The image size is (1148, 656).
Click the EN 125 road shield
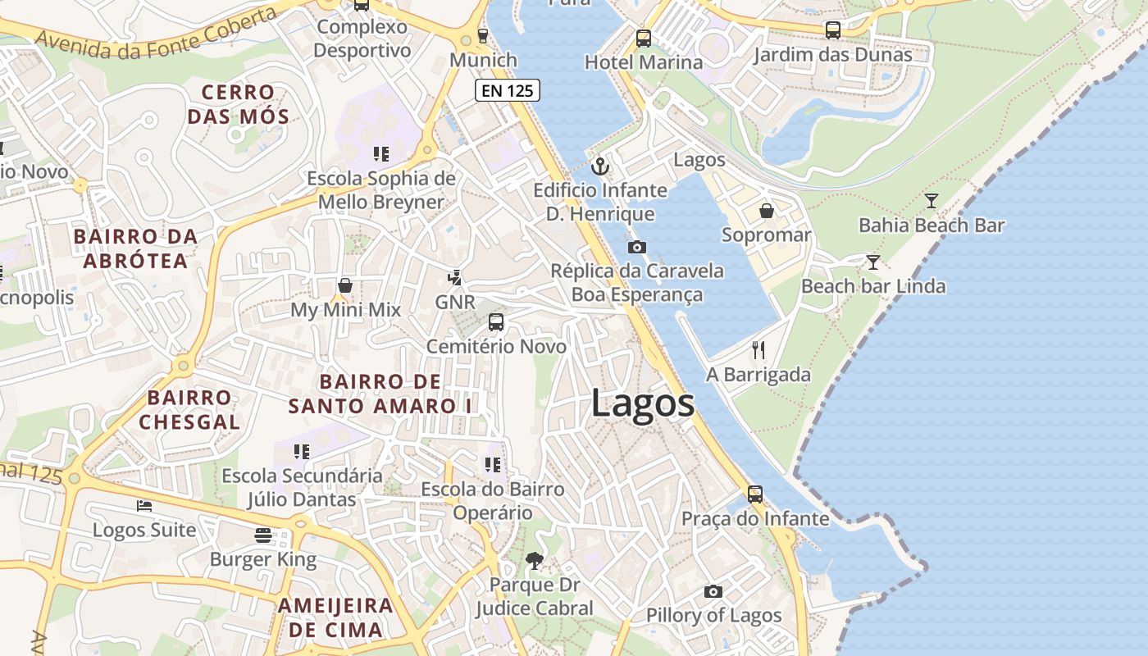point(507,90)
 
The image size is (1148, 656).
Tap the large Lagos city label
point(643,404)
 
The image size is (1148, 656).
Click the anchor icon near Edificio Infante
point(600,166)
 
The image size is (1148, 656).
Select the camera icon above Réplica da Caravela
point(636,247)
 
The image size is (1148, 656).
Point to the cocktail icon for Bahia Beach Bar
point(931,200)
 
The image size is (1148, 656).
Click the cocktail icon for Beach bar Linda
point(873,262)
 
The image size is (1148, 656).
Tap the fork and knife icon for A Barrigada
point(758,350)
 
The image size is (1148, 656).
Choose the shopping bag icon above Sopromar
point(766,211)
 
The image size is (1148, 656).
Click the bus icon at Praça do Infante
point(754,494)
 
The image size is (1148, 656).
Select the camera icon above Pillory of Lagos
point(713,591)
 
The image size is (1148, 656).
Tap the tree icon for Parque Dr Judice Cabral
point(535,561)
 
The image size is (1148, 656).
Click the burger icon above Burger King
point(263,535)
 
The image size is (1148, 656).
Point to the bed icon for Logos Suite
point(144,506)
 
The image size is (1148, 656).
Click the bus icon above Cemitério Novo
point(496,322)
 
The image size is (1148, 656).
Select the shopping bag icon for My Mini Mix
point(345,285)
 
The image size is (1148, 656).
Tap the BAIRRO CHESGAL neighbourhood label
point(189,410)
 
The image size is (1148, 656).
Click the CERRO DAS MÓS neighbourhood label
point(238,104)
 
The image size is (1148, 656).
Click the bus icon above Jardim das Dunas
point(832,30)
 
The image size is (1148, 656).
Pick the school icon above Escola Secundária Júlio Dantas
point(302,451)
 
